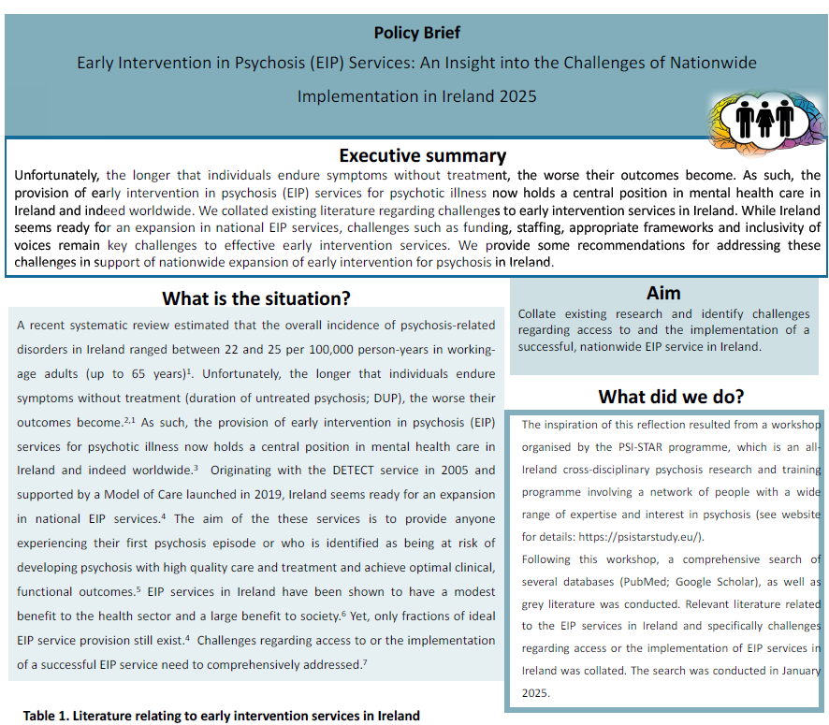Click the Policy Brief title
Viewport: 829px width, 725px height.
tap(416, 33)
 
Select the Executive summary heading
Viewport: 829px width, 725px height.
tap(422, 155)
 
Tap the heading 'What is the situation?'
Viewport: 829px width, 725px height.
tap(255, 298)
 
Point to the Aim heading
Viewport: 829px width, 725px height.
tap(663, 293)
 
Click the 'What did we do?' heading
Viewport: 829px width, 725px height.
tap(671, 396)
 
